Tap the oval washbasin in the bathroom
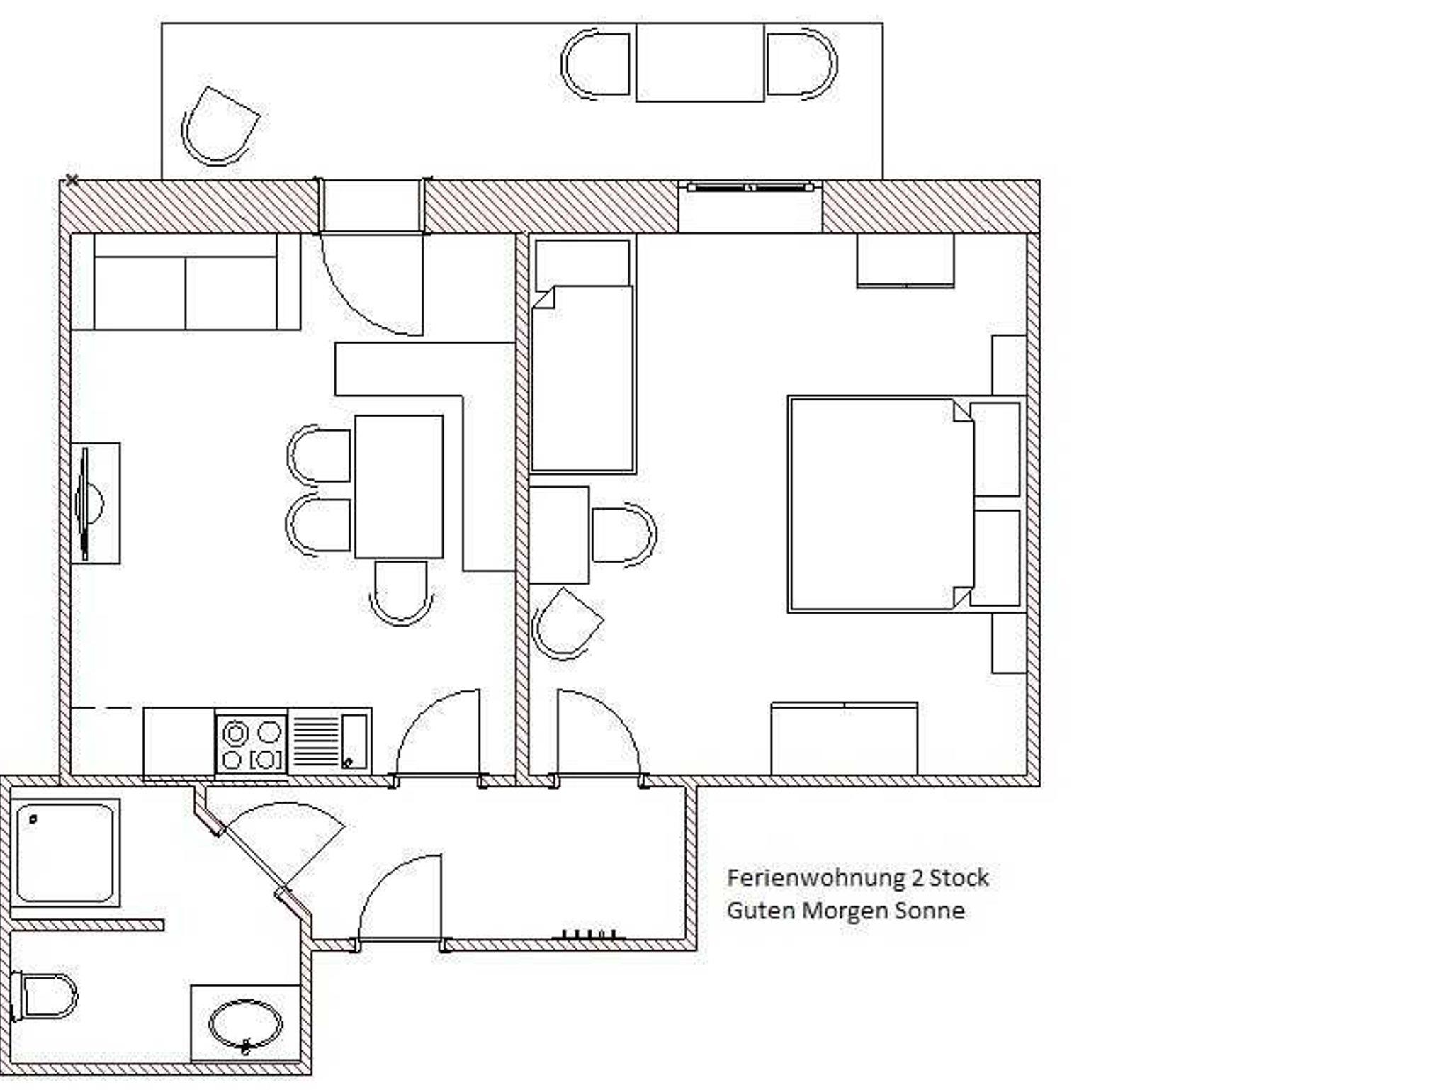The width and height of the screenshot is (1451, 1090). pos(245,1025)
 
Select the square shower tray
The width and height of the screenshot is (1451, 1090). pos(65,853)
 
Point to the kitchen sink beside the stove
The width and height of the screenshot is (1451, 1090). pos(329,741)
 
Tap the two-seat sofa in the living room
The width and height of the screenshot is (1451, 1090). pos(186,281)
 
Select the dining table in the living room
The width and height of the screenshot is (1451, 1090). pos(399,487)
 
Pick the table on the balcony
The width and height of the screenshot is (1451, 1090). pos(700,62)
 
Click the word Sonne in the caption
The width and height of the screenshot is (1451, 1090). pos(930,910)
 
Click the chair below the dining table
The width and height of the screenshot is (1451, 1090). pos(401,593)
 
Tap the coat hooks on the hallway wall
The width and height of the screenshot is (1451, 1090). pos(589,935)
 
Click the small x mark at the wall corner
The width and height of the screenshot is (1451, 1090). pos(72,180)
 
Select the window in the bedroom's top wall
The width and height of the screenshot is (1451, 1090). pos(750,187)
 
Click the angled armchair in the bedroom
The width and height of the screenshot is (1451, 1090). pos(567,624)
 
